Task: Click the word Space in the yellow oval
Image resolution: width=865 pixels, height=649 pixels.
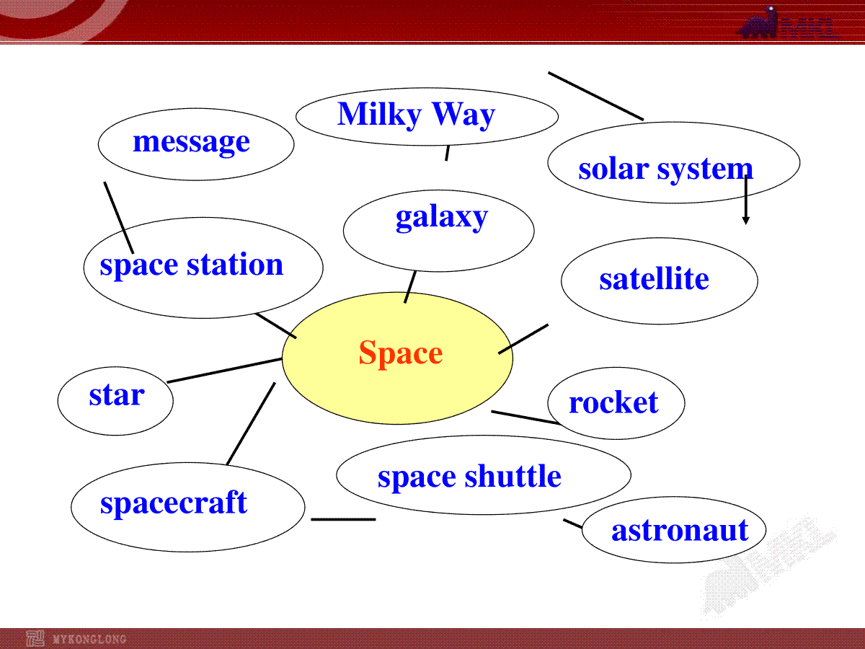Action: click(400, 353)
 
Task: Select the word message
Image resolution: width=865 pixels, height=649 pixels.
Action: click(191, 143)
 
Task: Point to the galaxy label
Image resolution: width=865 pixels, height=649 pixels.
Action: click(442, 217)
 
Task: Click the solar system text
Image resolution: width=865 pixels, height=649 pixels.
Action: click(665, 169)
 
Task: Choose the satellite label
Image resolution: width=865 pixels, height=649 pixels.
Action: click(655, 278)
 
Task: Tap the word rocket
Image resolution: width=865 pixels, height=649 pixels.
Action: click(613, 402)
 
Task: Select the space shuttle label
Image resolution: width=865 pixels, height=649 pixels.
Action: click(469, 477)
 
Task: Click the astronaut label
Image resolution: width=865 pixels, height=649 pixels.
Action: click(680, 531)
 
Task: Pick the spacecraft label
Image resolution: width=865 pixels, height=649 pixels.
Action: click(174, 503)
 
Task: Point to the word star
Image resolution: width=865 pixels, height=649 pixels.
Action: click(117, 395)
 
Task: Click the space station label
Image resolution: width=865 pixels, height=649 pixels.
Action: click(192, 265)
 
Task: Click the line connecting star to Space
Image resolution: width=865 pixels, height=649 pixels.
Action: click(224, 371)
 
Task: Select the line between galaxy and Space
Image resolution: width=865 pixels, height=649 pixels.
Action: click(410, 287)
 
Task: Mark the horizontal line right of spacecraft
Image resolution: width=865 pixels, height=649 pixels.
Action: click(343, 519)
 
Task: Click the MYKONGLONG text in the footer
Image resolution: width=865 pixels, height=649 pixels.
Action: click(89, 639)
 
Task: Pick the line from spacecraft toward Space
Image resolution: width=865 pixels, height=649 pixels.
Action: click(251, 423)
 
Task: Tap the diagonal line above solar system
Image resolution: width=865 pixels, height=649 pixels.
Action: click(596, 96)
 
